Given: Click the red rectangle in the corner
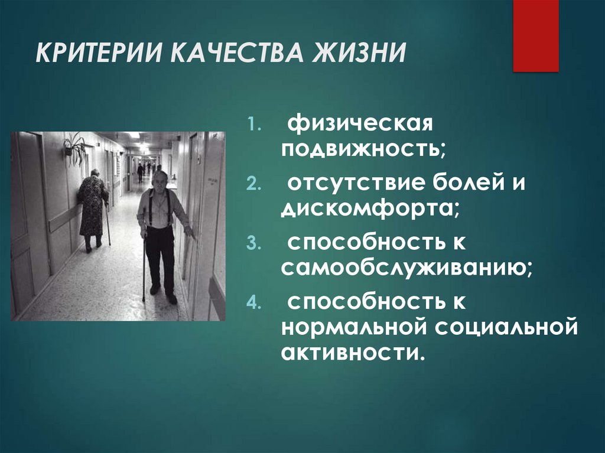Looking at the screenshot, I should click(x=535, y=35).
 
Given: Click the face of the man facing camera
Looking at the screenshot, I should click(x=159, y=181).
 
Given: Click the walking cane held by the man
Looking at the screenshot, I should click(x=144, y=266).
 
